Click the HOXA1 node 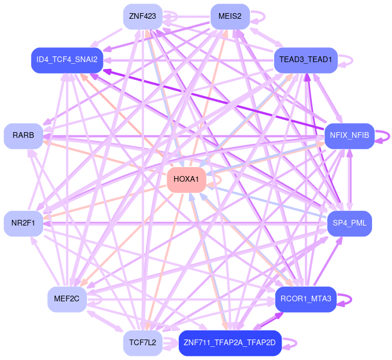click(185, 179)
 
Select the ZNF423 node click(142, 16)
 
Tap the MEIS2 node click(230, 16)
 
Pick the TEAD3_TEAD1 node click(306, 59)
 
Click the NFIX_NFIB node click(349, 136)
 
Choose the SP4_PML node click(349, 223)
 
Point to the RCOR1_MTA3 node click(306, 298)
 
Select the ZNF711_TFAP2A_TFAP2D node click(230, 342)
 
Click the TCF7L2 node click(142, 342)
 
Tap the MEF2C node click(67, 298)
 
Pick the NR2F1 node click(23, 223)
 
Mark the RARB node click(23, 136)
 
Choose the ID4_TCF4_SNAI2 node click(67, 59)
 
